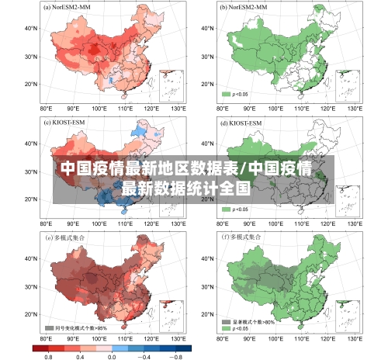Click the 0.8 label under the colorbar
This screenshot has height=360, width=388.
[x=48, y=355]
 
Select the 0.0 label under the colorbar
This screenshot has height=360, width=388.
[x=112, y=355]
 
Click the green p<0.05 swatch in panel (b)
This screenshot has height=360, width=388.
[x=227, y=94]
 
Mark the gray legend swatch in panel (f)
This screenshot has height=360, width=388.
[x=227, y=321]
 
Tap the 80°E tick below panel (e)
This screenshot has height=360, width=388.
[x=47, y=340]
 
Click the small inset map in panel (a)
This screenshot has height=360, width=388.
[x=171, y=85]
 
